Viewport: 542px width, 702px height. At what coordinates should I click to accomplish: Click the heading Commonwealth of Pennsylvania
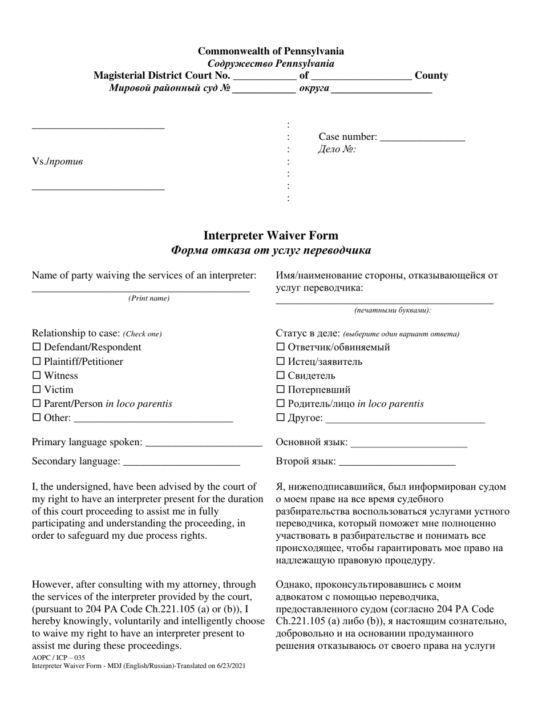(270, 51)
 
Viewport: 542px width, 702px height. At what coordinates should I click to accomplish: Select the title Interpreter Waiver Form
(270, 236)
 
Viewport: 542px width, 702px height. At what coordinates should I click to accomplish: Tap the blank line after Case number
(422, 138)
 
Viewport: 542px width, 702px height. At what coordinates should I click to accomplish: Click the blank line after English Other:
(153, 419)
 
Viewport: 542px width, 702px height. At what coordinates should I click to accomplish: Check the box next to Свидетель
(280, 376)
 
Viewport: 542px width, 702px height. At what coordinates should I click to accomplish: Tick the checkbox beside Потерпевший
(280, 390)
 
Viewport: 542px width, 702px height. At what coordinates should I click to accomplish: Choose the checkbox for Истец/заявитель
(280, 361)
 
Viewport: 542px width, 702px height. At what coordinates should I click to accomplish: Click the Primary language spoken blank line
(204, 443)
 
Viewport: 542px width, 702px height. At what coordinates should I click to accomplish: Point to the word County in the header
(431, 75)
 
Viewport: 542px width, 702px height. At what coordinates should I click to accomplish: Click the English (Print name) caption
(148, 298)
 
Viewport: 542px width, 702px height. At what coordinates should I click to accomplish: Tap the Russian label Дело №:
(337, 150)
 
